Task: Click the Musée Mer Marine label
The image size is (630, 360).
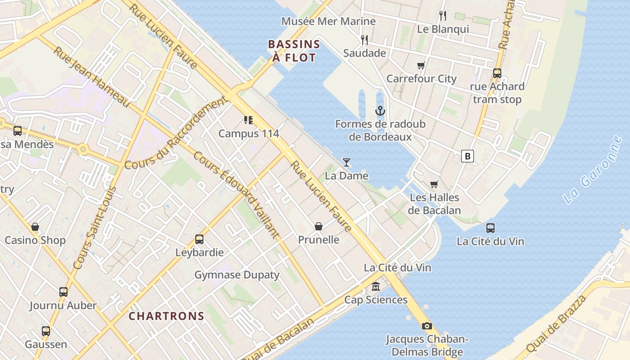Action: [328, 21]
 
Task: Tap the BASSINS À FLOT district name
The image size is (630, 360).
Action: [294, 51]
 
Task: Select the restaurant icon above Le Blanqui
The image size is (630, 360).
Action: [443, 16]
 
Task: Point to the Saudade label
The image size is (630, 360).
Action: [364, 53]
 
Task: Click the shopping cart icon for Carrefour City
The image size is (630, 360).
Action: [421, 66]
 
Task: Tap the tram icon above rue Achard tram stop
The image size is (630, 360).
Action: [497, 73]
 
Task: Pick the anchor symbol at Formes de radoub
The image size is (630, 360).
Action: [380, 110]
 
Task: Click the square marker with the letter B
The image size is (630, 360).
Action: [468, 156]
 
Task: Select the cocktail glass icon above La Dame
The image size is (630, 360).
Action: [346, 162]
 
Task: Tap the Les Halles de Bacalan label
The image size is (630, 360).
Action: [434, 204]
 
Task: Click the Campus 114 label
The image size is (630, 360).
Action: [249, 134]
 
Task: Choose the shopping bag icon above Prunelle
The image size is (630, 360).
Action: [319, 226]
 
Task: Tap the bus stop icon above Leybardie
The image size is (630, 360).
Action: [199, 239]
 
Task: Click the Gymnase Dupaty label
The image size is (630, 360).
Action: [237, 274]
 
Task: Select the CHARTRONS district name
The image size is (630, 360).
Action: [166, 316]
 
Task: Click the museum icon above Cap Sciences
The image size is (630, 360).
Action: [376, 287]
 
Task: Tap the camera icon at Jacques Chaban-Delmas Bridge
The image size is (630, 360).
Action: [427, 326]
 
